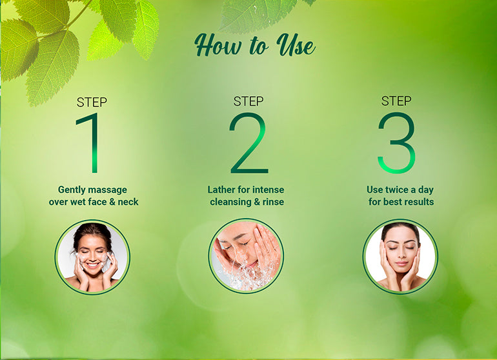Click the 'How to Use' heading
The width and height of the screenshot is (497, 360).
tap(255, 45)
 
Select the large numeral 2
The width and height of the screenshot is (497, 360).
tap(249, 143)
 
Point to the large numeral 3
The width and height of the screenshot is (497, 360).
tap(396, 143)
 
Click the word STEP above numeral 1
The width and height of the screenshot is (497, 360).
tap(92, 103)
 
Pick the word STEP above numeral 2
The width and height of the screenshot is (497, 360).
tap(249, 101)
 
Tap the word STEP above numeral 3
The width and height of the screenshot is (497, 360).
tap(396, 101)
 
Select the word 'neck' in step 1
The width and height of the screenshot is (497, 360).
tap(128, 202)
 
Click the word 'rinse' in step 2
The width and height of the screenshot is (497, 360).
tap(273, 202)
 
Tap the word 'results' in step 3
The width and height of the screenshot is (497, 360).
tap(418, 202)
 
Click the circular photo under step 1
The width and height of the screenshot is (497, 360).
tap(92, 257)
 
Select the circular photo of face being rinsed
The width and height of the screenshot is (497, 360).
tap(247, 255)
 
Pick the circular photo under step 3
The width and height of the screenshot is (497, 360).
tap(400, 256)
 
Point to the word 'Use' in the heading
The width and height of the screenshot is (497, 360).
tap(296, 45)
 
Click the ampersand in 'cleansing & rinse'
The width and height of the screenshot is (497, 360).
tap(257, 202)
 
